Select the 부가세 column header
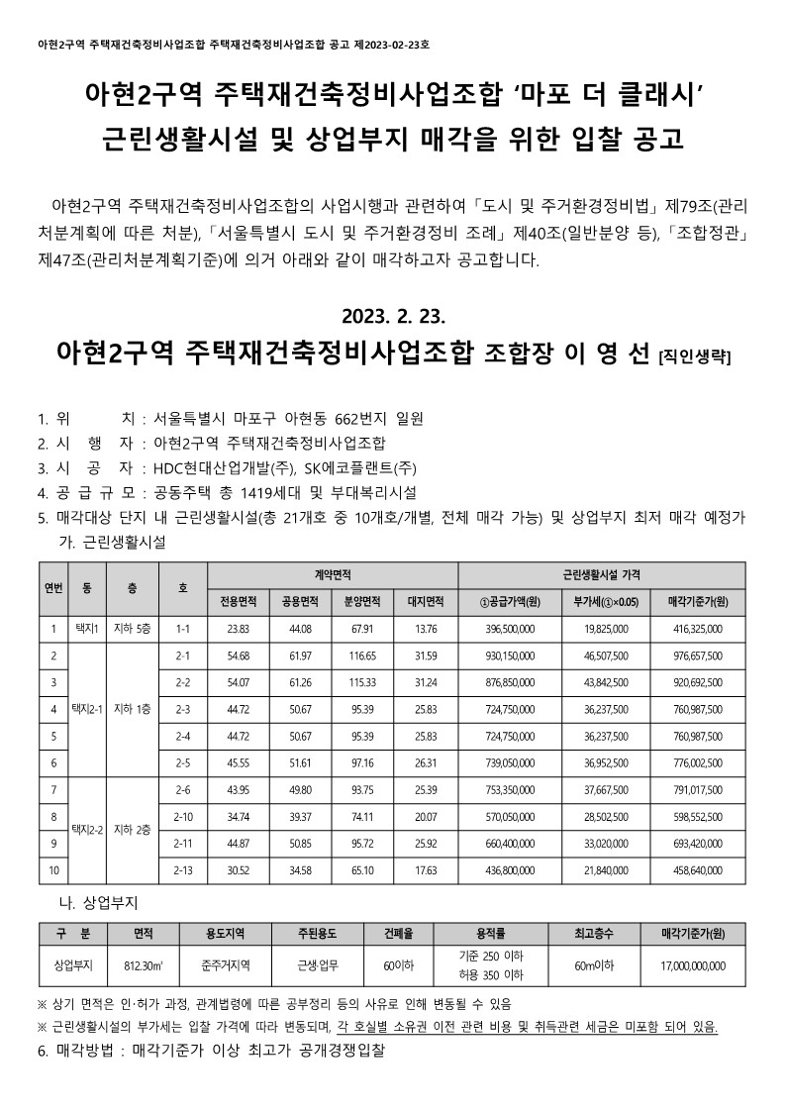tap(601, 601)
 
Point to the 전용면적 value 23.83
tap(239, 628)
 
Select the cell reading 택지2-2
tap(84, 829)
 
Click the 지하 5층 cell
tap(133, 628)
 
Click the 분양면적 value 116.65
tap(362, 656)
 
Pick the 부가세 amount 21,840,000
tap(601, 870)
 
